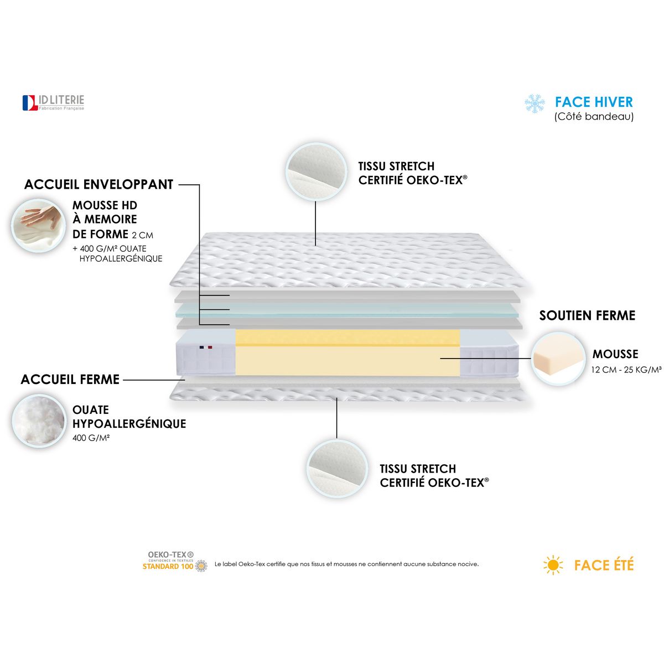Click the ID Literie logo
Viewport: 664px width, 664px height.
[53, 102]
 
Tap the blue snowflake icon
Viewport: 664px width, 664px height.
[535, 103]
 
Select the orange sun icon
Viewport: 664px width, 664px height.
[553, 565]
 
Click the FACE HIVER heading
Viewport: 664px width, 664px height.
[594, 102]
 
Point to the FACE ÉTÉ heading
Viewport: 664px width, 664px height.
[604, 565]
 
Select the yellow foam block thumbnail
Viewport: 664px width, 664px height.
[558, 357]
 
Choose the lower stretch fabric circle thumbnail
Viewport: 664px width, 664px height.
[337, 468]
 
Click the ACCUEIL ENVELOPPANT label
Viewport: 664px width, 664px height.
[98, 185]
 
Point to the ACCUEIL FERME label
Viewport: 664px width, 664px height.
[70, 380]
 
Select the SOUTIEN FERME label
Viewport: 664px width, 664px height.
[587, 315]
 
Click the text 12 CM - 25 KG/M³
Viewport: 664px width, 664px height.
[626, 370]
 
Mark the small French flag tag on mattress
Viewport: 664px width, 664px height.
[206, 347]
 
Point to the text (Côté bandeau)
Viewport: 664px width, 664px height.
[594, 117]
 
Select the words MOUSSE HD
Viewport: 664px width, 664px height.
[105, 206]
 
